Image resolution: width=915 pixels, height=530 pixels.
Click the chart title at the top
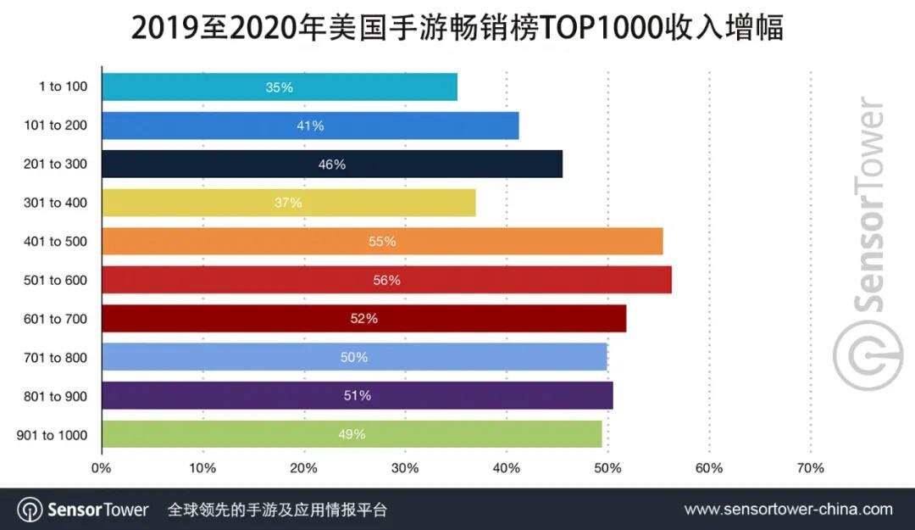[457, 28]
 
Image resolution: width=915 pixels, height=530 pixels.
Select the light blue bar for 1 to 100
[279, 87]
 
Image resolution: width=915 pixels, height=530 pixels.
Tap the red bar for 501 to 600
[386, 280]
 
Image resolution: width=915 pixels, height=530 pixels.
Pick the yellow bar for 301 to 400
[288, 203]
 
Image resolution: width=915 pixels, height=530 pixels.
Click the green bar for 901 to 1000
[351, 434]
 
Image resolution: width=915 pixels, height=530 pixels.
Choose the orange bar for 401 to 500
[382, 242]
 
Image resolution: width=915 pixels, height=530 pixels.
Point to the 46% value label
[332, 165]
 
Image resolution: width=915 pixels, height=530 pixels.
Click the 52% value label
[363, 319]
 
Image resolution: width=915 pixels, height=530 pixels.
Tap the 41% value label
[310, 126]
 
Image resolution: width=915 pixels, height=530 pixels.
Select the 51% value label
[358, 396]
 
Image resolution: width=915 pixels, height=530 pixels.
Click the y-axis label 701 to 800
[57, 358]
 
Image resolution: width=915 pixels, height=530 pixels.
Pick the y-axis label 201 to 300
[57, 165]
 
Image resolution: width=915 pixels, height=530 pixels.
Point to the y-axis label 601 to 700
[57, 319]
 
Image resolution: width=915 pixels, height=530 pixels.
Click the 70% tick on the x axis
[810, 468]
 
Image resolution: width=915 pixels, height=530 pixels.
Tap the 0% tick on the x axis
[101, 468]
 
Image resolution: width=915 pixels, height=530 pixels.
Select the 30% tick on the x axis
[405, 468]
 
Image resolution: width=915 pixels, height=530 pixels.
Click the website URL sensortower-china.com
[788, 510]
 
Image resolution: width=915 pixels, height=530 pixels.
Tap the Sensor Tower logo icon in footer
[30, 510]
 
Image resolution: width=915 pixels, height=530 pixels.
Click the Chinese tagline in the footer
[277, 510]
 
